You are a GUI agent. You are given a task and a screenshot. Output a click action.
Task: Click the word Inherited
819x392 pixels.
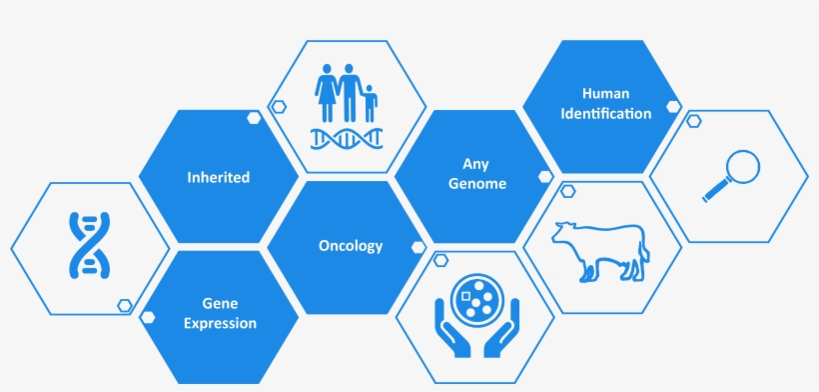coord(218,178)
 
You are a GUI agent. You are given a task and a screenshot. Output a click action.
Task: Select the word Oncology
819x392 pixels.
coord(350,246)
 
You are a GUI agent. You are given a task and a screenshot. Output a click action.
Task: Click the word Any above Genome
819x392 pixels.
coord(475,163)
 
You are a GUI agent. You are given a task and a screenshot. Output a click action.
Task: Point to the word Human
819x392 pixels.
coord(602,93)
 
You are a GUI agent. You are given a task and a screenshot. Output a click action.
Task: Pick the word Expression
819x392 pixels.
coord(219,323)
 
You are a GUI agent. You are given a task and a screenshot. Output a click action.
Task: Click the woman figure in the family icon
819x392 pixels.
coord(327,93)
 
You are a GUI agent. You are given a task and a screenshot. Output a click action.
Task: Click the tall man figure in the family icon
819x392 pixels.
coord(349,92)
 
